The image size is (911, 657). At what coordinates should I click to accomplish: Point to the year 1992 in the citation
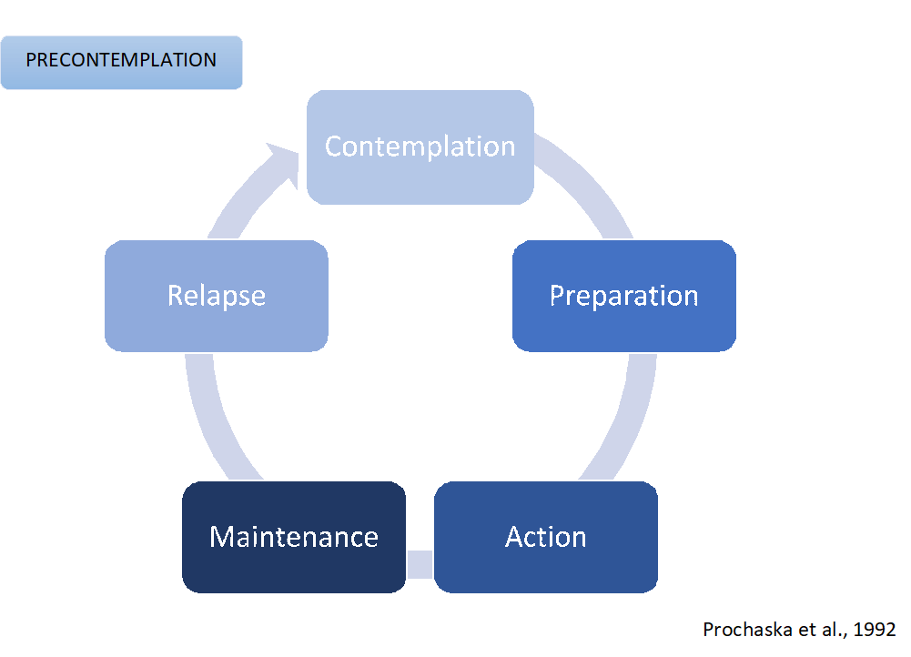coord(876,629)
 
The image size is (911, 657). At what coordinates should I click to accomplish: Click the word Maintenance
coord(293,537)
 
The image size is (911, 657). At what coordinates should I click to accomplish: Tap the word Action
coord(545,537)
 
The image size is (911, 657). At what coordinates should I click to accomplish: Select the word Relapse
coord(216,296)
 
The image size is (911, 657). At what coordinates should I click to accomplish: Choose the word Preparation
coord(623,296)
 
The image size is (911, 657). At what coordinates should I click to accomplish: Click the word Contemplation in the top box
coord(420,147)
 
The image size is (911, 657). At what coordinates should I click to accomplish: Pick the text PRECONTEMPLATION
coord(121,61)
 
